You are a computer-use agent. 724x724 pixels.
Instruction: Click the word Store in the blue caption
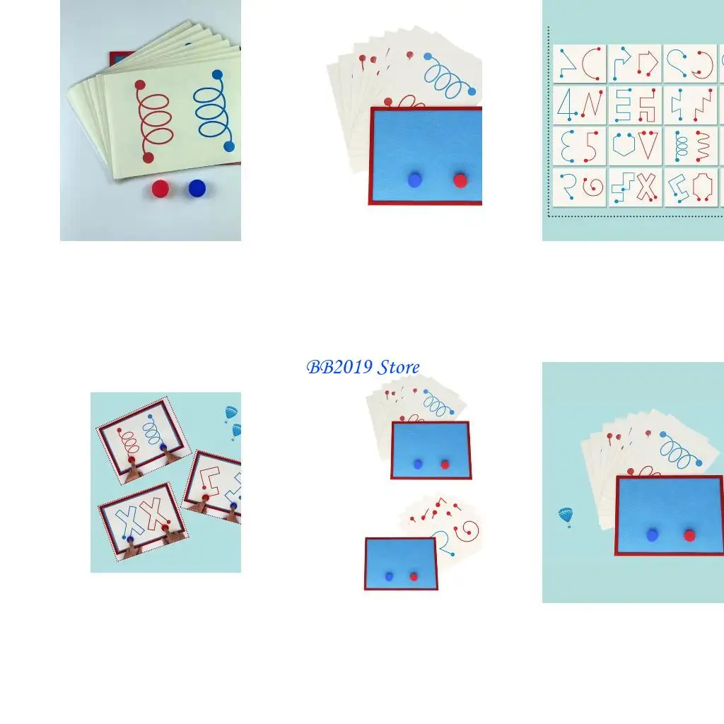tap(398, 367)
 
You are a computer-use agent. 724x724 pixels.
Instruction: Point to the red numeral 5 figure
tap(591, 146)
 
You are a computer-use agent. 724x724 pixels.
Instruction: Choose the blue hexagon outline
tap(623, 146)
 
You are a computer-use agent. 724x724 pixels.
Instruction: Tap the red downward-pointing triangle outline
tap(648, 145)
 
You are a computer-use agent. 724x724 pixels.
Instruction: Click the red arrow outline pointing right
tap(648, 64)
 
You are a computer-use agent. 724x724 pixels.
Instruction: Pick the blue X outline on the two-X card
tap(130, 520)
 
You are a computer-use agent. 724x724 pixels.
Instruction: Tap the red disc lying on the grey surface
tap(160, 189)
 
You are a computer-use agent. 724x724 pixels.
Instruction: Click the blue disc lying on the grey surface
tap(197, 188)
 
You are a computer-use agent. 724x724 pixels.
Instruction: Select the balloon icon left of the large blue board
tap(566, 517)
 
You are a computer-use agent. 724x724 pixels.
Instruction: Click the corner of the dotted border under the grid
tap(549, 216)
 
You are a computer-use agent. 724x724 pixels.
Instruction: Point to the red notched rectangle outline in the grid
tap(702, 187)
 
